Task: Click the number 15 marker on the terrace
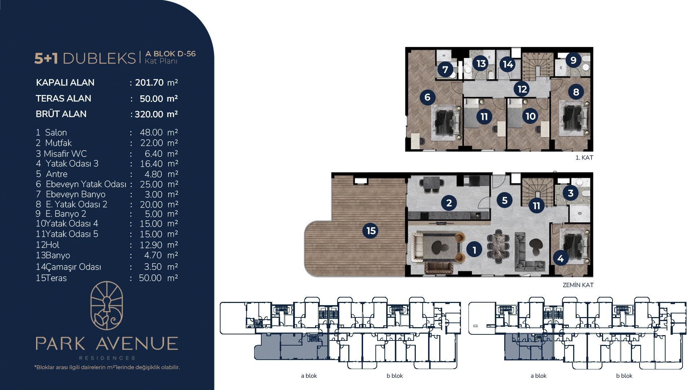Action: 370,231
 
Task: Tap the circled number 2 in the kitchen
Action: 449,203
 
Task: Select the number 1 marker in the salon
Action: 474,250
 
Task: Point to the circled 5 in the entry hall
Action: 505,200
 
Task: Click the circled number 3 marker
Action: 571,193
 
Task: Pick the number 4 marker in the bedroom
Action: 561,258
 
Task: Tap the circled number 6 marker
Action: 427,97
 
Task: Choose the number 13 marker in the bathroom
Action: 481,64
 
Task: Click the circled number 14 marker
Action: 508,64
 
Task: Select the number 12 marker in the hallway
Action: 522,89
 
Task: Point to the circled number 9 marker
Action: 573,60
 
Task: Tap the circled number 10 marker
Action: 530,116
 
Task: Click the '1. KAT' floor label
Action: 584,157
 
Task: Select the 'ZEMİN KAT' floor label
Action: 578,285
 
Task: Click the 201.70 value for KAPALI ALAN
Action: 149,83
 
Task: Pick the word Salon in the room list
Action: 56,133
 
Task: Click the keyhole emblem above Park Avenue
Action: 106,305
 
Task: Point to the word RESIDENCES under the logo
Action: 107,358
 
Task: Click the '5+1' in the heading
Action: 46,58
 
